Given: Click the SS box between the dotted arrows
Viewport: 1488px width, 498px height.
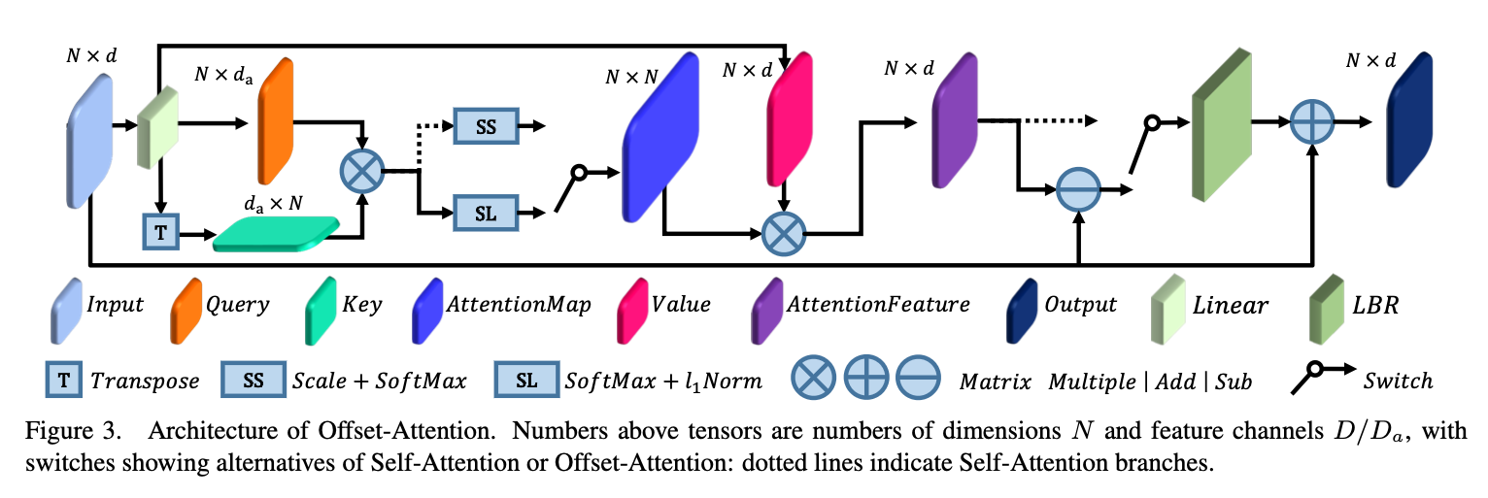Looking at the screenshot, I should (x=487, y=127).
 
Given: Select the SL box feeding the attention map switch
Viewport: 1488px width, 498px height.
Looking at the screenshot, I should (x=487, y=214).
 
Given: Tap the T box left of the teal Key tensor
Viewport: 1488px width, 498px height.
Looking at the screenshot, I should (x=158, y=235).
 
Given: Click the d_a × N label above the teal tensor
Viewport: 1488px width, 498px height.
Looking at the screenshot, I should (x=275, y=205).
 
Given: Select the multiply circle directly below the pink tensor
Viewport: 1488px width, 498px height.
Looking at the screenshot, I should (x=784, y=234).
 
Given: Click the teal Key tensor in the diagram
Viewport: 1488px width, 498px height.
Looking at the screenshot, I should (x=277, y=234).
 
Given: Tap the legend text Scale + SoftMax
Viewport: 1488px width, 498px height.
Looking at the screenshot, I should (x=379, y=381).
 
